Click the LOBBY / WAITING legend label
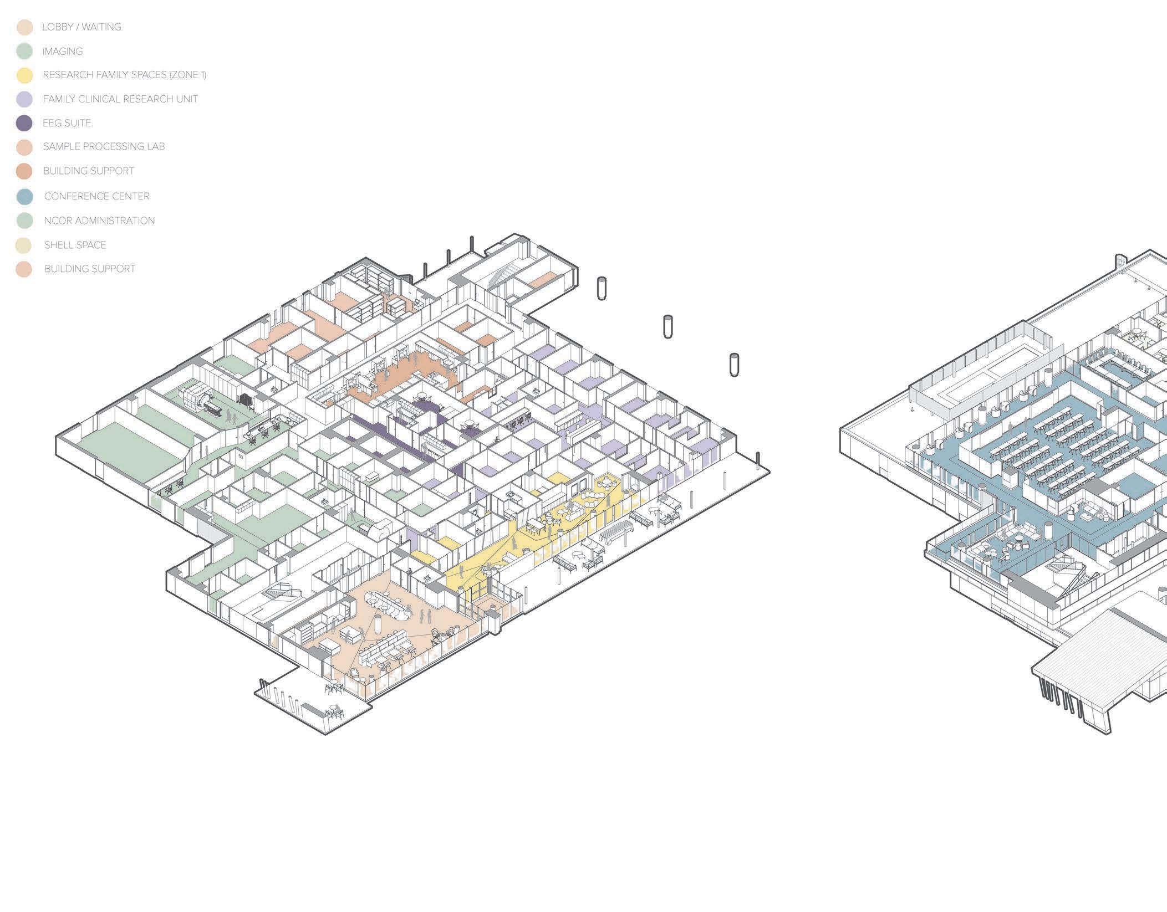pos(81,27)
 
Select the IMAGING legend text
pos(63,52)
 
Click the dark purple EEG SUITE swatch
pos(24,123)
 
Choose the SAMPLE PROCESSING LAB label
pos(104,147)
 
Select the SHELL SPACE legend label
pos(75,245)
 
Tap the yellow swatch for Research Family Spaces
pos(24,75)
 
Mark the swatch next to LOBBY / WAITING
pos(24,28)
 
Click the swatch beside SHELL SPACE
pos(24,245)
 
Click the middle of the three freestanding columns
pos(668,326)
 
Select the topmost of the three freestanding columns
pos(602,289)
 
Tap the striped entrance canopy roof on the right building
pos(1087,654)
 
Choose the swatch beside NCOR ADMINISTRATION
pos(24,221)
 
